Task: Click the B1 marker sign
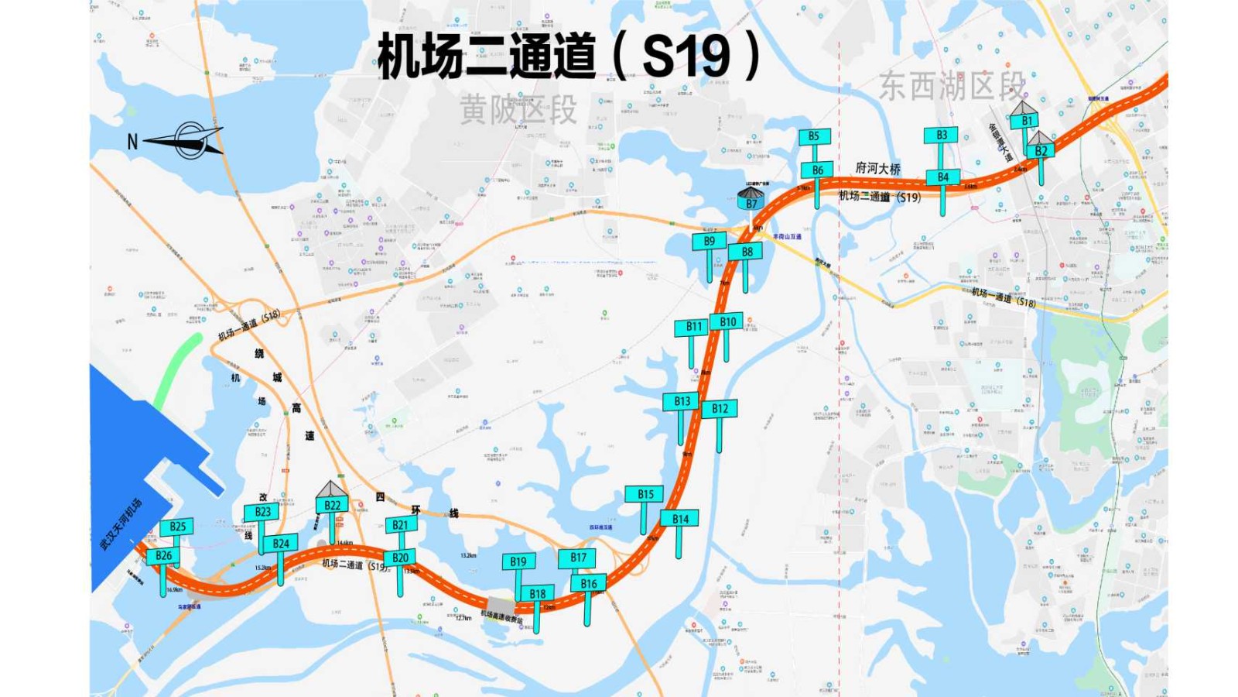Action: [1026, 120]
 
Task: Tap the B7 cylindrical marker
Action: [751, 203]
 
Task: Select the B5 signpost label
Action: [814, 136]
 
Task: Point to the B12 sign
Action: [720, 408]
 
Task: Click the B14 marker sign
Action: [679, 519]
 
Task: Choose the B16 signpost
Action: [588, 583]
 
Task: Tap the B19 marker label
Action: [518, 561]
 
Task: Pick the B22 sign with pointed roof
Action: [332, 504]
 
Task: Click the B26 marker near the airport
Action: [163, 555]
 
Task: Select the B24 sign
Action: [280, 543]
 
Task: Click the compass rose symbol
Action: [191, 140]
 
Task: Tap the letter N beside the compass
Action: [132, 142]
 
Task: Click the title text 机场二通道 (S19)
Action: [569, 56]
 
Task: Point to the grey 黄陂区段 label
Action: [518, 110]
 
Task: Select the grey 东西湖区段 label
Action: [951, 86]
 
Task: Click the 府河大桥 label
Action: [877, 168]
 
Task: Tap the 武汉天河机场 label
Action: [121, 524]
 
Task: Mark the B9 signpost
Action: [709, 242]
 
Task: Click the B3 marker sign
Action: [941, 135]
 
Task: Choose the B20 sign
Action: [399, 558]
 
